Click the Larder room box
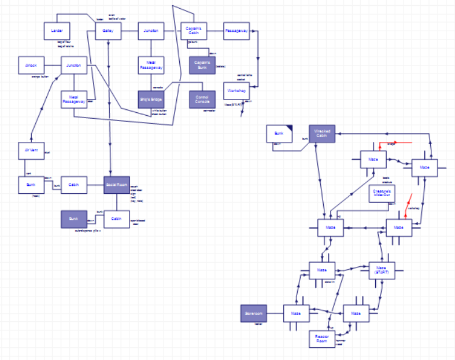[57, 30]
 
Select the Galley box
[108, 30]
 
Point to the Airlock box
[31, 65]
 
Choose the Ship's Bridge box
[151, 99]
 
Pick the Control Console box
[202, 99]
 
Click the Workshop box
[236, 91]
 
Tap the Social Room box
[117, 185]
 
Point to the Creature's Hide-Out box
[382, 194]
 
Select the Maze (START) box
[382, 270]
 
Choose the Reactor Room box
[322, 339]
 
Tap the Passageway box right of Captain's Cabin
[236, 30]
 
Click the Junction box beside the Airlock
[74, 65]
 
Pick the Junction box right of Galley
[151, 30]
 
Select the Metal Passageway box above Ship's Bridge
[151, 65]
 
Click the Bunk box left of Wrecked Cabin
[279, 134]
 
